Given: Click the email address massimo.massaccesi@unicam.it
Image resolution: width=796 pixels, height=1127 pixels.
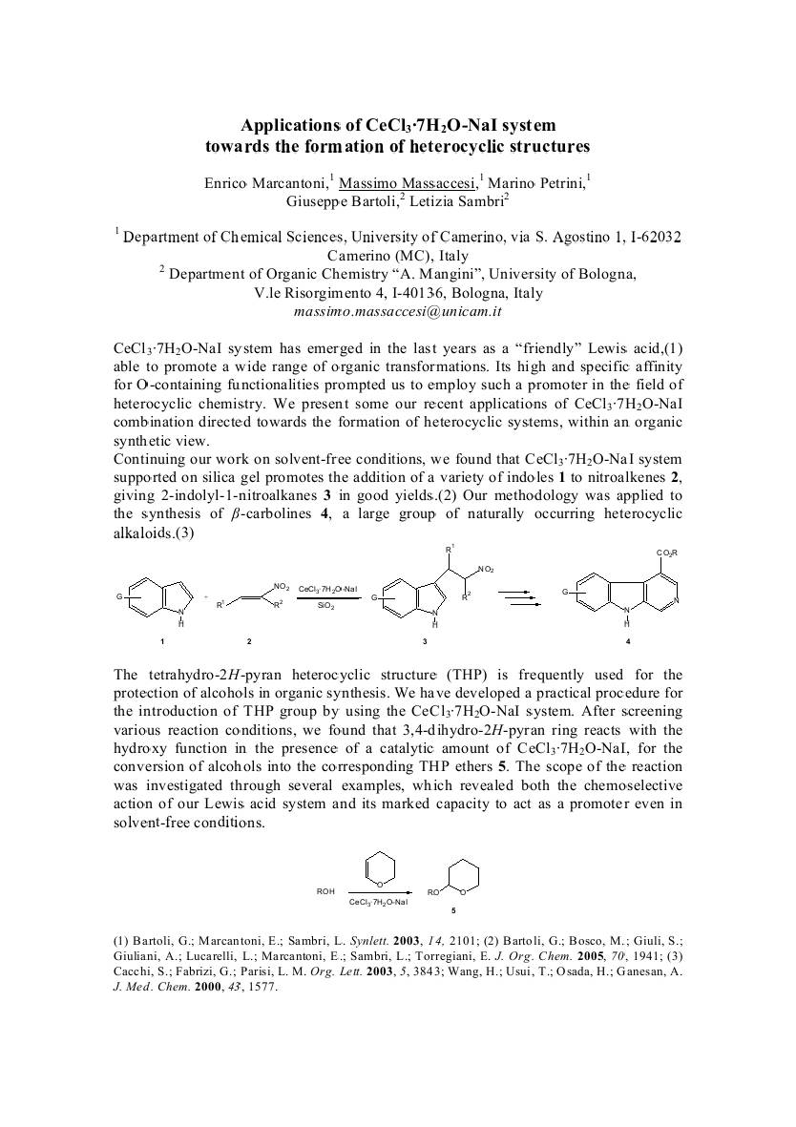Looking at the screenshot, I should [398, 311].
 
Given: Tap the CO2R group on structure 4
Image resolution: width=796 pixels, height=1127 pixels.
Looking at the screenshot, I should [666, 553].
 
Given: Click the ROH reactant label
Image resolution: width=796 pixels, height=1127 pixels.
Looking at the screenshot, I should [325, 891].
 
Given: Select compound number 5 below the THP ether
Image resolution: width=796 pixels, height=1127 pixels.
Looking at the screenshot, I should [454, 910].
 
